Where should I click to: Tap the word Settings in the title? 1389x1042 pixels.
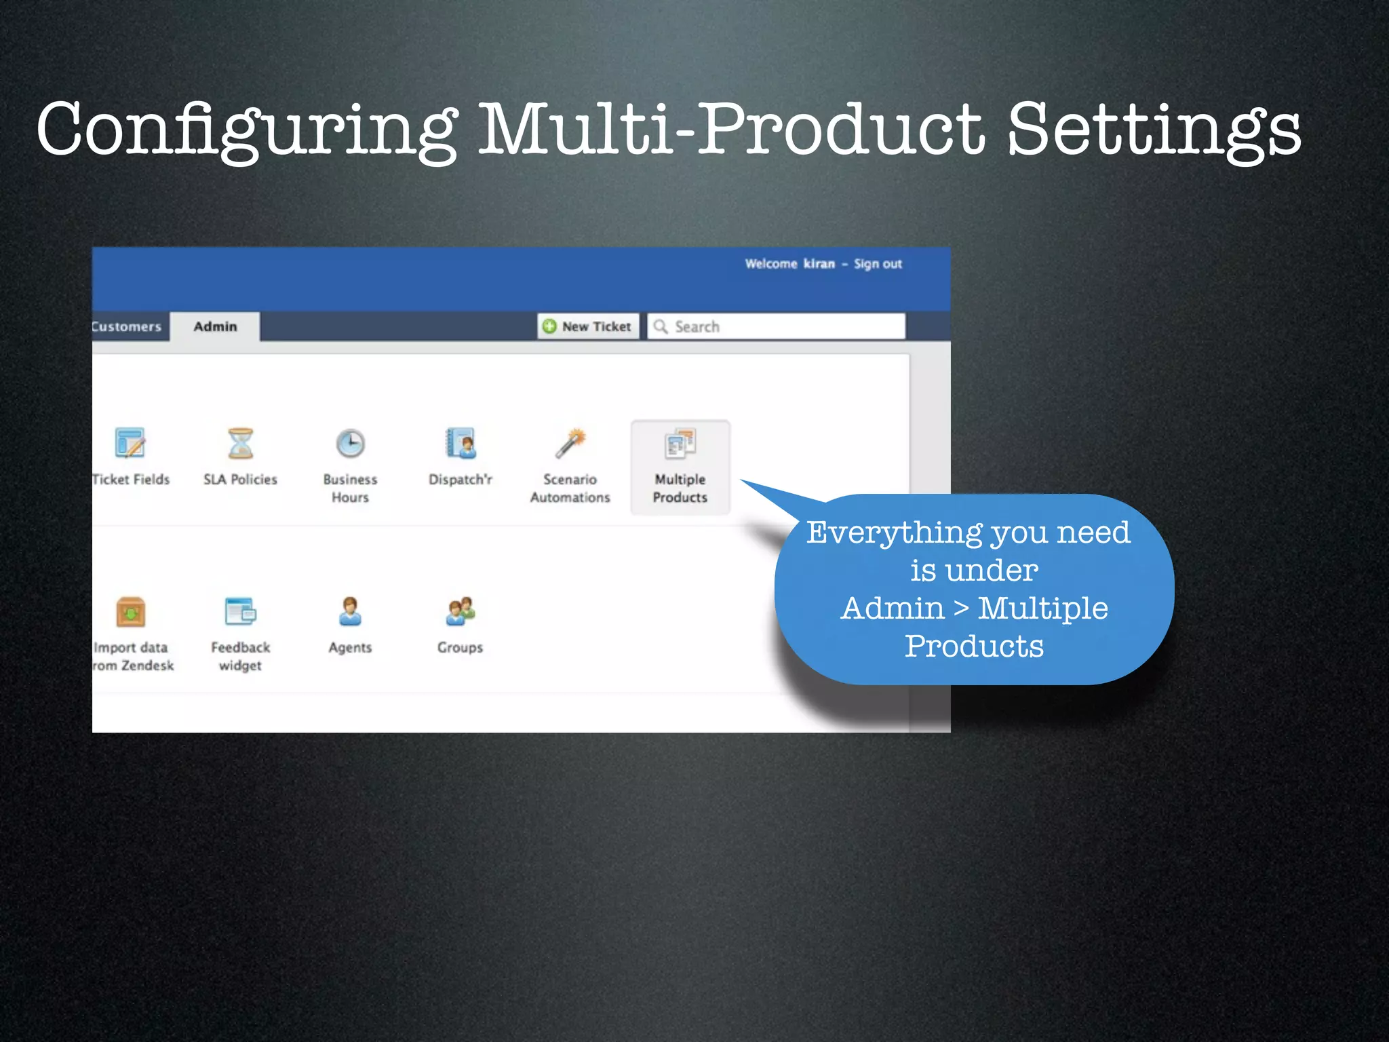pyautogui.click(x=1153, y=129)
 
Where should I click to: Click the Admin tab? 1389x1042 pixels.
pyautogui.click(x=215, y=326)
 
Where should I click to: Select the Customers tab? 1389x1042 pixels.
pyautogui.click(x=128, y=326)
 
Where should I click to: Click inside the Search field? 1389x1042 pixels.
pyautogui.click(x=780, y=326)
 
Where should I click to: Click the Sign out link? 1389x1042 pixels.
pyautogui.click(x=878, y=264)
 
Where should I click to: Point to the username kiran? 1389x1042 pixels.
pyautogui.click(x=819, y=264)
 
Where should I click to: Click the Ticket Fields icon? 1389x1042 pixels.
pyautogui.click(x=130, y=444)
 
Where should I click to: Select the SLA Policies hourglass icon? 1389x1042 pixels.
pyautogui.click(x=240, y=444)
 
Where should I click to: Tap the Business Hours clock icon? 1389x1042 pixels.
pyautogui.click(x=351, y=444)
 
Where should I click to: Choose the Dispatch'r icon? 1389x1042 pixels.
pyautogui.click(x=461, y=444)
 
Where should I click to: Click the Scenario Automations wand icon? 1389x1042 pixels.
pyautogui.click(x=570, y=444)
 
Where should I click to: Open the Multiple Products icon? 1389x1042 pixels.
pyautogui.click(x=680, y=444)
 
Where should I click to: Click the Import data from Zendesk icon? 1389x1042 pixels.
pyautogui.click(x=130, y=612)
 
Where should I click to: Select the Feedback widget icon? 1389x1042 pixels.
pyautogui.click(x=240, y=611)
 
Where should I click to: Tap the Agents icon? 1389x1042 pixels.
pyautogui.click(x=350, y=611)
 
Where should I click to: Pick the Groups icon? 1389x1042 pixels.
pyautogui.click(x=461, y=611)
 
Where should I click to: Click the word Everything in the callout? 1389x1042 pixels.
pyautogui.click(x=894, y=533)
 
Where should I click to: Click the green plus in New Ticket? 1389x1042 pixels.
pyautogui.click(x=549, y=326)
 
